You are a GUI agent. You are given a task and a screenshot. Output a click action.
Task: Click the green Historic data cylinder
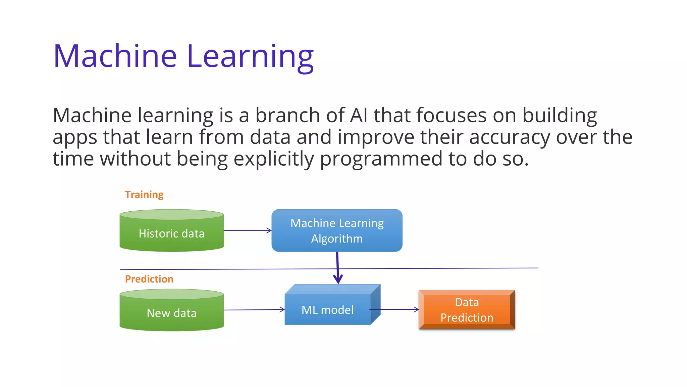(x=171, y=233)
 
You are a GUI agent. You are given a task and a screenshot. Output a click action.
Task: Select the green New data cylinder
(x=171, y=313)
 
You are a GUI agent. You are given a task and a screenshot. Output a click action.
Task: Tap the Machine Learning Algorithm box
(x=337, y=230)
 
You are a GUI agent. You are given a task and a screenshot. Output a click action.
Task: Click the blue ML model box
(x=327, y=309)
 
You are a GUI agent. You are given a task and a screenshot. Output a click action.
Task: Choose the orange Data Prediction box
(x=467, y=310)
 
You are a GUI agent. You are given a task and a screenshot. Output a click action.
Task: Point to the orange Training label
(x=144, y=195)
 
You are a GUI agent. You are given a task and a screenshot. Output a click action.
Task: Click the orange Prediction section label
(x=149, y=279)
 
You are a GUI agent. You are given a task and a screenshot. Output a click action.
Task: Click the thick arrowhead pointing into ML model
(x=338, y=279)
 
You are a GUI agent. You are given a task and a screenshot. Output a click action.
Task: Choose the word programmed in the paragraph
(x=381, y=159)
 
